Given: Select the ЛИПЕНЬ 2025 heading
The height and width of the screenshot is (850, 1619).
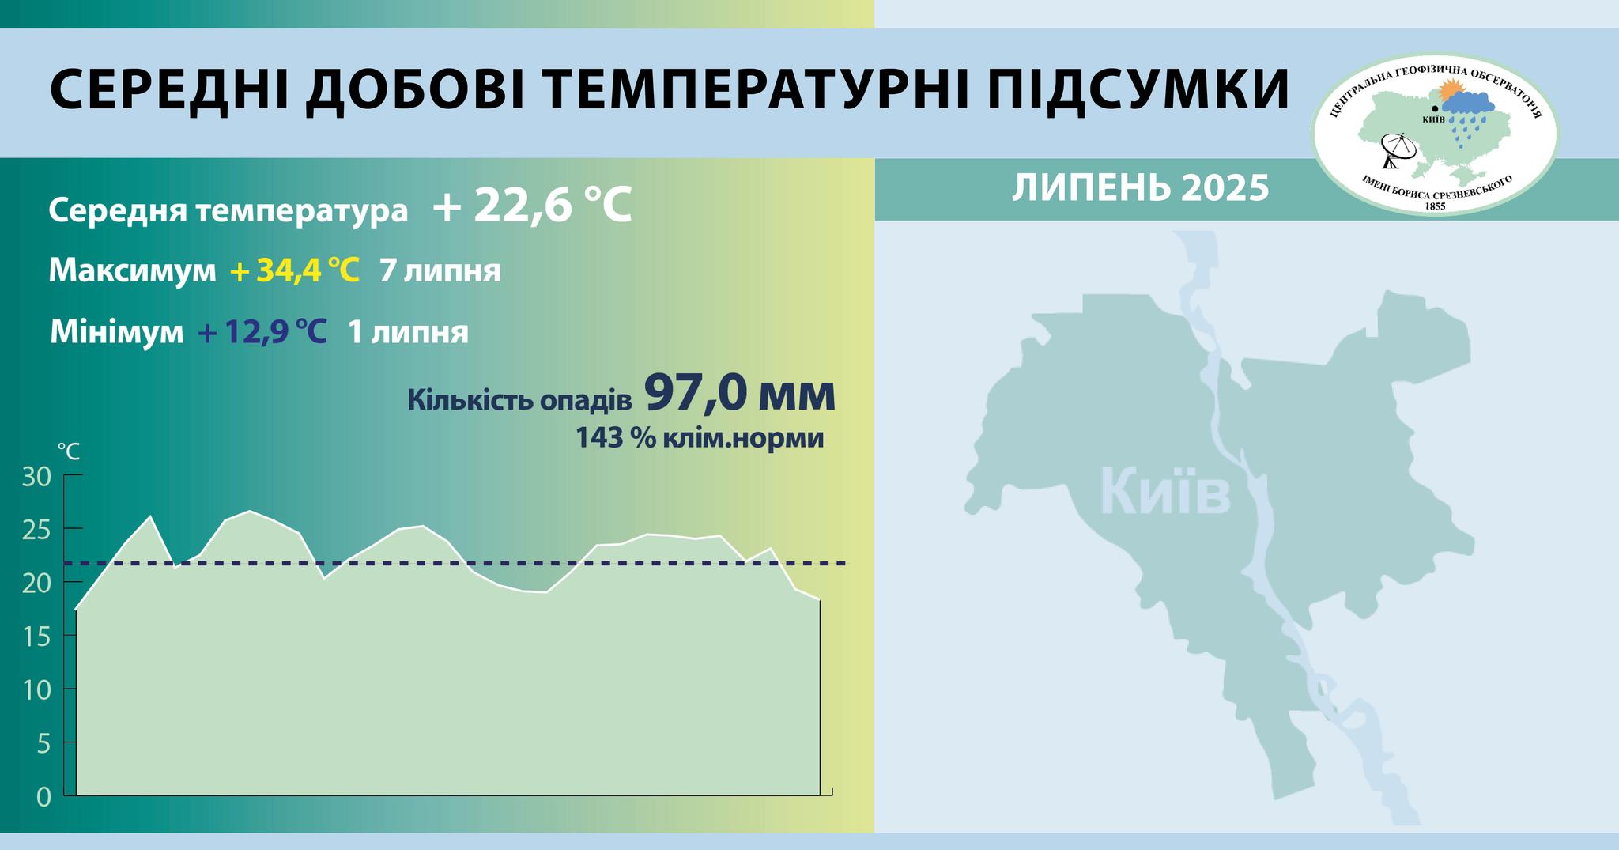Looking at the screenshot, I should pyautogui.click(x=1140, y=188).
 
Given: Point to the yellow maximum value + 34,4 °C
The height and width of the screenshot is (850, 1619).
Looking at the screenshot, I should pyautogui.click(x=295, y=271).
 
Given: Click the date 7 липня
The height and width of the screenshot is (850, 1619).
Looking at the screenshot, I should pyautogui.click(x=440, y=271).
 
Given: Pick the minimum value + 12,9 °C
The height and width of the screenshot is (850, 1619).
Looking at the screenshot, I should pyautogui.click(x=262, y=332).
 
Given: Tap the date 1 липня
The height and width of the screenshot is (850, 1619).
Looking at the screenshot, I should pyautogui.click(x=408, y=332).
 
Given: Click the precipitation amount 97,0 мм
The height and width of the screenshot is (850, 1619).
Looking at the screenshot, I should pyautogui.click(x=740, y=393).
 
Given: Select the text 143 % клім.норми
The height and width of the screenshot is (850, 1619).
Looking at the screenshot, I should pyautogui.click(x=700, y=437).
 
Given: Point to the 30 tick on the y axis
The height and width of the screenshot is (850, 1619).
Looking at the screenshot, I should pyautogui.click(x=37, y=476).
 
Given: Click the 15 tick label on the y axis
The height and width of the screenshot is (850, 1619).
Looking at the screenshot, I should pyautogui.click(x=37, y=637).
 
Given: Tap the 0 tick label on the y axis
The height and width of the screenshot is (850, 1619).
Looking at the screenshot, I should pyautogui.click(x=43, y=796).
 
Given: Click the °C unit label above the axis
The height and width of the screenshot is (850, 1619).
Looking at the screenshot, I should pyautogui.click(x=68, y=451).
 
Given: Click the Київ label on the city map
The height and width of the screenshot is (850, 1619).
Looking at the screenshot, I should pyautogui.click(x=1165, y=492).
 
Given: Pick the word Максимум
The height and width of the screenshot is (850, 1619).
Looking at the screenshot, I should pyautogui.click(x=132, y=271).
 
